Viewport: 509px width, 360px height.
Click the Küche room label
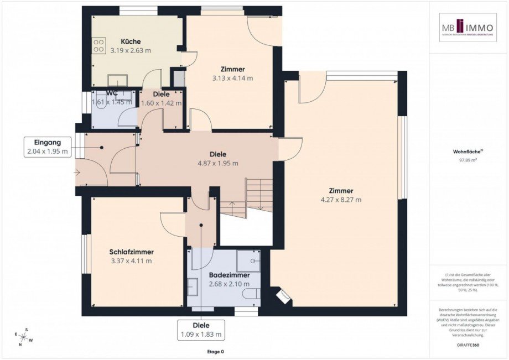[x=131, y=41]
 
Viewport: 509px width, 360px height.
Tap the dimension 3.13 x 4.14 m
[x=232, y=78]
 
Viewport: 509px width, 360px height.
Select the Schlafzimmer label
[x=131, y=252]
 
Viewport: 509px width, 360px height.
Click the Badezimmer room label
[x=229, y=275]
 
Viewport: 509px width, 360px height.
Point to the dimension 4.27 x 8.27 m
[x=340, y=200]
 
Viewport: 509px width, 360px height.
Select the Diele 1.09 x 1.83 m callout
[x=201, y=330]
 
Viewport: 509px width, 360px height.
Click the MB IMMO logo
[x=468, y=28]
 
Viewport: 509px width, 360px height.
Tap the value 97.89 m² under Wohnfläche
[x=468, y=160]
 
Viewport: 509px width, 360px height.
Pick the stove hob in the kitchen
[x=98, y=45]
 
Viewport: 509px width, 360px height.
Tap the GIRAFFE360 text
[x=468, y=344]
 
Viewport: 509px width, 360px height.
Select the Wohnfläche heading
[x=467, y=150]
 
